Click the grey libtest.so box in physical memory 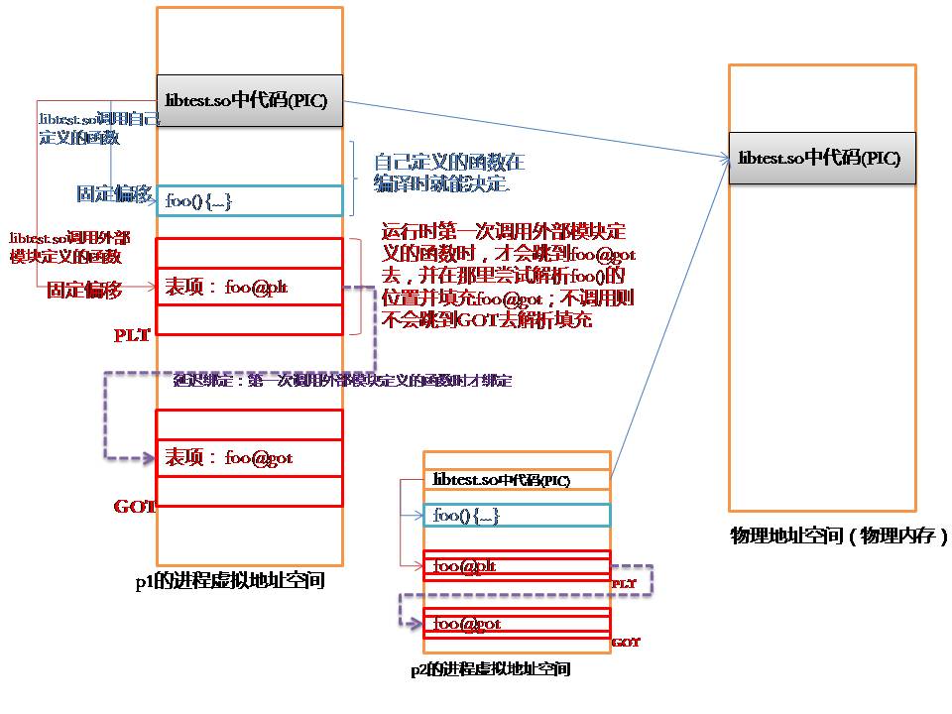821,158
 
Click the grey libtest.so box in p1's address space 249,100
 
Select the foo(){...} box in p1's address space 249,201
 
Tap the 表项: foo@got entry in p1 249,458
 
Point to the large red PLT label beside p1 132,335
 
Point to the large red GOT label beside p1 135,507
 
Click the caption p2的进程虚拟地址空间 491,669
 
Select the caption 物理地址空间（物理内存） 838,536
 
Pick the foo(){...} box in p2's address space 517,516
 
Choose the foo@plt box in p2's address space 517,566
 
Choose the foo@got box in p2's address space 517,624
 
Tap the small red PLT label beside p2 624,584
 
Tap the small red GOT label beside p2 626,643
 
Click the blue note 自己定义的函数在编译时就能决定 448,172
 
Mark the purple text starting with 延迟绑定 342,380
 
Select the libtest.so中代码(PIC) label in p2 502,480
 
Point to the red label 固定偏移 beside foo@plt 84,291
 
